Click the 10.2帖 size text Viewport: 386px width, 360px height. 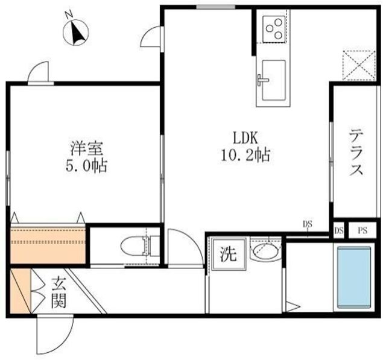point(246,155)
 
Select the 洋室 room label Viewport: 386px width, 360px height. point(87,147)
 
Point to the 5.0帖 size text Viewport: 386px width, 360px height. point(87,166)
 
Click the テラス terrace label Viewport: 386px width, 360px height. point(356,153)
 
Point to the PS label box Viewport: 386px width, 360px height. point(363,230)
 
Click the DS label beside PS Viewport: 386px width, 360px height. point(338,230)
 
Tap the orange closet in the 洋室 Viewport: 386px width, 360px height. point(48,244)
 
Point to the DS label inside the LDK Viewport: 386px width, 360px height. point(308,224)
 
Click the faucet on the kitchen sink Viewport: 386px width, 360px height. point(262,80)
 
